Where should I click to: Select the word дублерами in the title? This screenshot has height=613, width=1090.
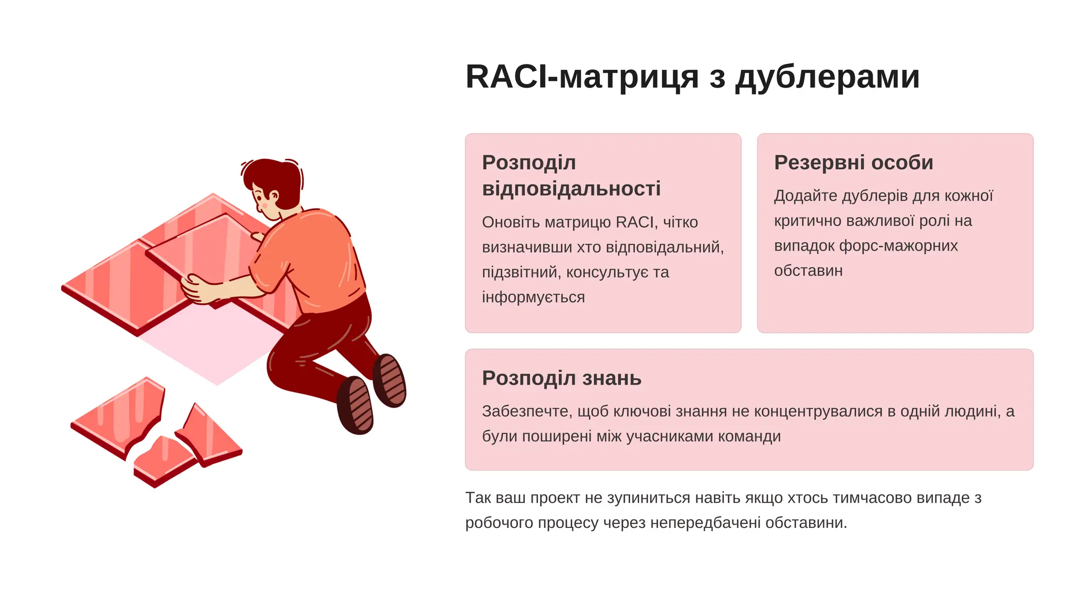[x=827, y=77]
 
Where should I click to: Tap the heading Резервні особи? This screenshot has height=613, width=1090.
[x=853, y=162]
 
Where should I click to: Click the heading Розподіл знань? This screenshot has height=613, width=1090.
[x=561, y=378]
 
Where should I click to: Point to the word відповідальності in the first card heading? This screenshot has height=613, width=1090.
[x=571, y=188]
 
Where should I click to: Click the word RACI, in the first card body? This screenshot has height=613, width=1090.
[x=637, y=222]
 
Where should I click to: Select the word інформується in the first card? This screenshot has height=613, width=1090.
[x=533, y=297]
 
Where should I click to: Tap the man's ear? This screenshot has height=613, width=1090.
[x=274, y=197]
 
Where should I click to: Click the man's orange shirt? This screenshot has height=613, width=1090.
[x=314, y=255]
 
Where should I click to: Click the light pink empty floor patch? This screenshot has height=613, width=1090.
[x=213, y=346]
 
